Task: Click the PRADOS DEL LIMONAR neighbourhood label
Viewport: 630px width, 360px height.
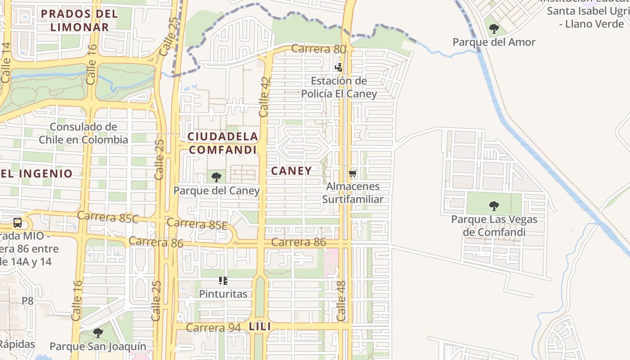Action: point(80,20)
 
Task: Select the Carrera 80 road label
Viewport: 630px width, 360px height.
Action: point(319,49)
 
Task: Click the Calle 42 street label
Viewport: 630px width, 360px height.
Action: point(264,97)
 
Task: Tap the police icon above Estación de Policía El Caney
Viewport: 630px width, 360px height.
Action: point(338,67)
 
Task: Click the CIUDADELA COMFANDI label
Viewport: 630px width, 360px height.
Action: point(223,143)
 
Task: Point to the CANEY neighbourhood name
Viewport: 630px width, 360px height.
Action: point(291,171)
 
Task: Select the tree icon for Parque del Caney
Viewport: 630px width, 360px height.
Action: point(216,177)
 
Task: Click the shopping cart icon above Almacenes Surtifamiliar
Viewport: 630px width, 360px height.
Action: point(352,174)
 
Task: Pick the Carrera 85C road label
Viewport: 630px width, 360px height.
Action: point(108,217)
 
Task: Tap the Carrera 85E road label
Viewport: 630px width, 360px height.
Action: point(197,223)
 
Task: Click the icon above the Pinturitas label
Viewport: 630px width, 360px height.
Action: point(223,281)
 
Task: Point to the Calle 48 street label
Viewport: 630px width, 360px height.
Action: point(342,301)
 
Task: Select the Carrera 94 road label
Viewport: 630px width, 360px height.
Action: point(213,328)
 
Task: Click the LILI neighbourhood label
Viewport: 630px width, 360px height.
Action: point(260,327)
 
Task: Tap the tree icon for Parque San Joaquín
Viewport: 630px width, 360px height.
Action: point(98,333)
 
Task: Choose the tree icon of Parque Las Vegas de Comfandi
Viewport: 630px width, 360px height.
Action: point(494,207)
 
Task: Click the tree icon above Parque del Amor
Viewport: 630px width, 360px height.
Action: point(494,29)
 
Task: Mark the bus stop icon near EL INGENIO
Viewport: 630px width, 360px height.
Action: point(18,222)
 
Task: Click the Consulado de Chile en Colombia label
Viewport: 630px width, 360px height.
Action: point(83,133)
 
